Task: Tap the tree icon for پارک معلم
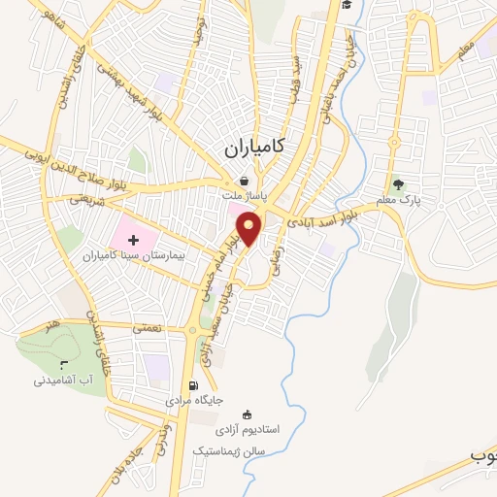pos(397,184)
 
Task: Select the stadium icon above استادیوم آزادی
pos(248,414)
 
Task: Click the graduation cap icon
pos(348,5)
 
